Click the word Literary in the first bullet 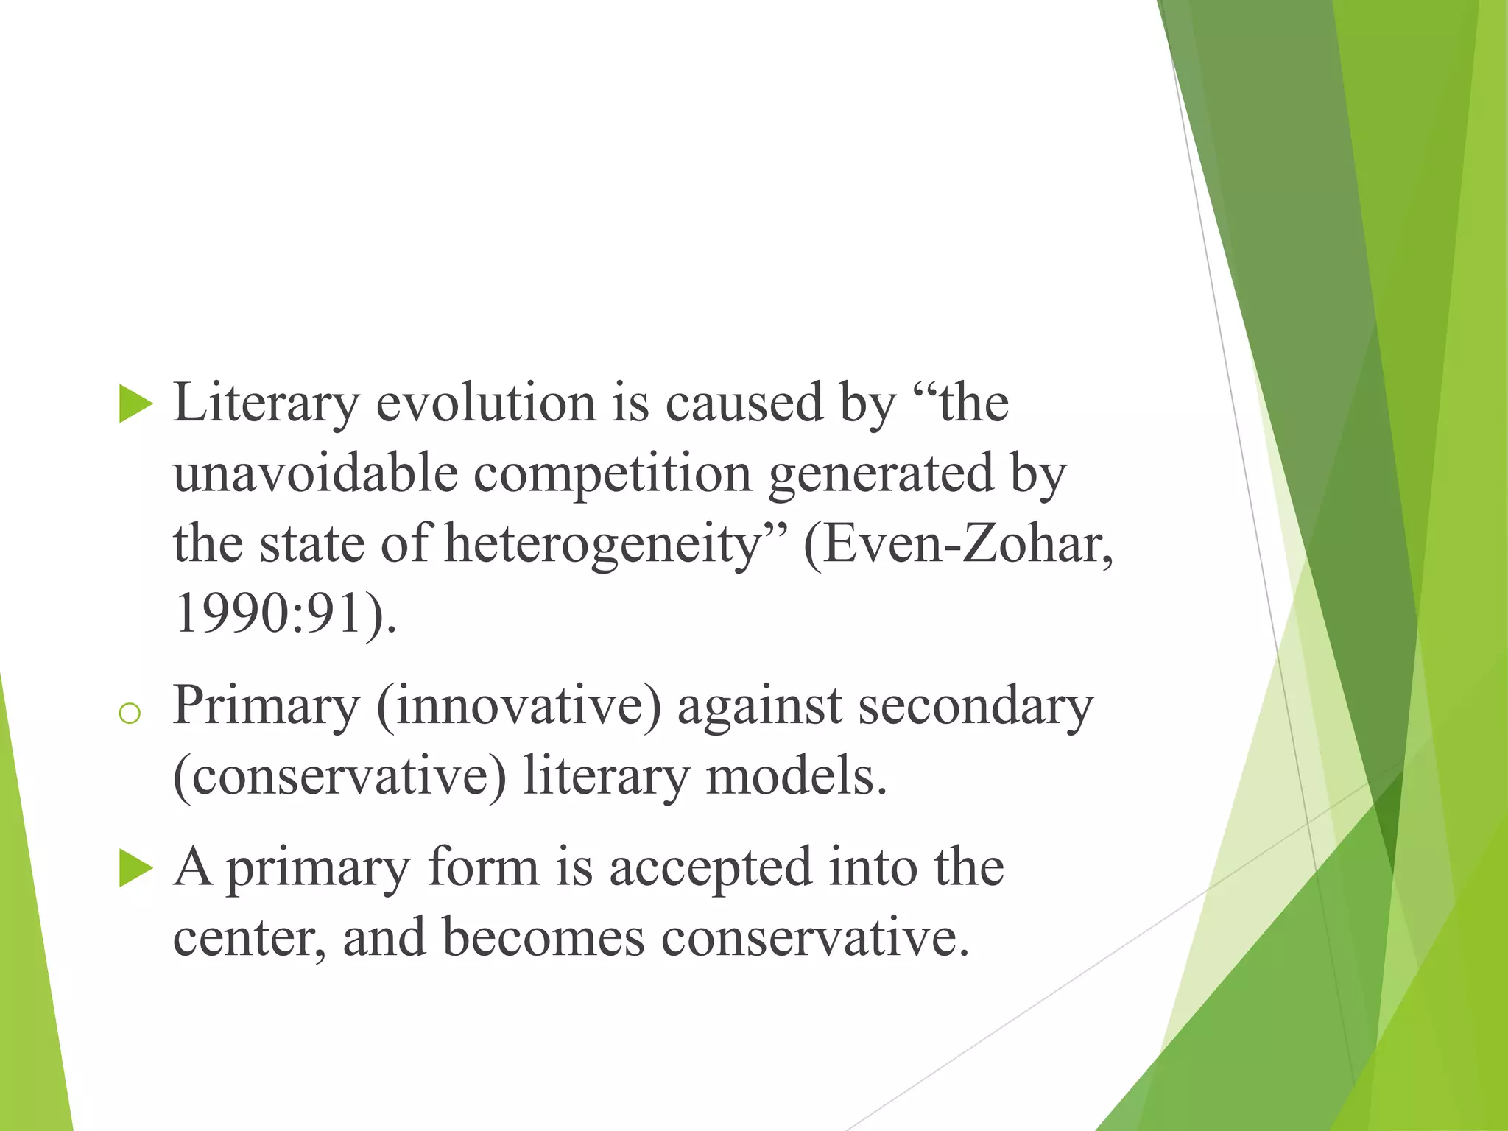[266, 404]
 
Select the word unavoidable [316, 473]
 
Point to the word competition [612, 474]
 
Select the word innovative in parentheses [520, 705]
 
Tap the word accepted [710, 867]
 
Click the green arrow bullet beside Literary [135, 404]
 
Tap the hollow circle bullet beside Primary [130, 713]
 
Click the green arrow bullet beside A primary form [135, 868]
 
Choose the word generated [881, 474]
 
